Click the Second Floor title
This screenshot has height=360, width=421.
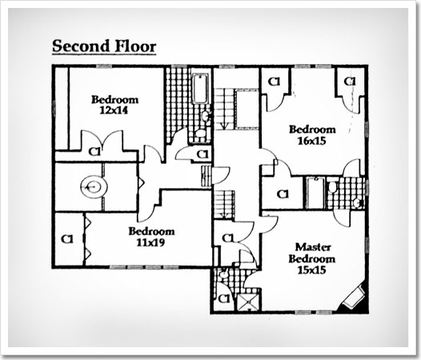pyautogui.click(x=104, y=46)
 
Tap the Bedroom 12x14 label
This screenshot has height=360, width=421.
pyautogui.click(x=115, y=105)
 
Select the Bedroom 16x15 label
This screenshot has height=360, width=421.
pyautogui.click(x=312, y=135)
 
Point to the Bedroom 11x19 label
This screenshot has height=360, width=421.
pyautogui.click(x=151, y=237)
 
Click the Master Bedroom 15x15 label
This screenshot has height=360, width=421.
pyautogui.click(x=312, y=258)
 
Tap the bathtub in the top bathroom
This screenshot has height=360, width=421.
pyautogui.click(x=201, y=89)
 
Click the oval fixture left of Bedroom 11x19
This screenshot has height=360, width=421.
pyautogui.click(x=94, y=186)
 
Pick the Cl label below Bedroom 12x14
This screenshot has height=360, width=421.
pyautogui.click(x=94, y=152)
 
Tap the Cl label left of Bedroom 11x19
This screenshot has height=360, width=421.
pyautogui.click(x=67, y=239)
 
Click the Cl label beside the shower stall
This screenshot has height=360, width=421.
pyautogui.click(x=223, y=298)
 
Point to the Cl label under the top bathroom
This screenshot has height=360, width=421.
pyautogui.click(x=202, y=154)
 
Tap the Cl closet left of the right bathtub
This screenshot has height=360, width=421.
pyautogui.click(x=283, y=194)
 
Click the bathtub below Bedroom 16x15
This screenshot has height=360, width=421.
pyautogui.click(x=314, y=192)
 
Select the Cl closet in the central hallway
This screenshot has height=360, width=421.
pyautogui.click(x=228, y=238)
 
